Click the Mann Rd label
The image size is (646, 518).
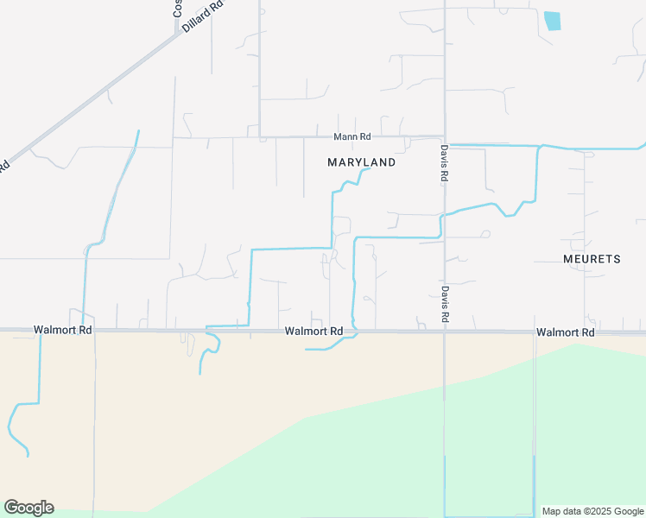(x=352, y=136)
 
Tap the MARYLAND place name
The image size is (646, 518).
(x=362, y=162)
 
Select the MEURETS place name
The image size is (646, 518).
(x=592, y=259)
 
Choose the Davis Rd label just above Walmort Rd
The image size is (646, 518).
(x=444, y=304)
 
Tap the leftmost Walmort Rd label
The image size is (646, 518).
(x=63, y=330)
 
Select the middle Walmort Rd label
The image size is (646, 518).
(x=314, y=331)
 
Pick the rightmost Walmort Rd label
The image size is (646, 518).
(x=565, y=332)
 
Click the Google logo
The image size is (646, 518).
(x=28, y=508)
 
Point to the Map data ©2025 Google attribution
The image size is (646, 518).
(x=592, y=511)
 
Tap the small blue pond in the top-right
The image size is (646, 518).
(x=552, y=21)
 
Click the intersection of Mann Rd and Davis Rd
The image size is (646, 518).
(x=444, y=137)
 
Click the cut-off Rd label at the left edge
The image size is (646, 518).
(x=4, y=165)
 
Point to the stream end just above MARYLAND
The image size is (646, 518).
(x=369, y=169)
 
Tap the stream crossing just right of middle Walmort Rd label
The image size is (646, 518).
(x=353, y=332)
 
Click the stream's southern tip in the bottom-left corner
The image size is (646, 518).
(x=28, y=455)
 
